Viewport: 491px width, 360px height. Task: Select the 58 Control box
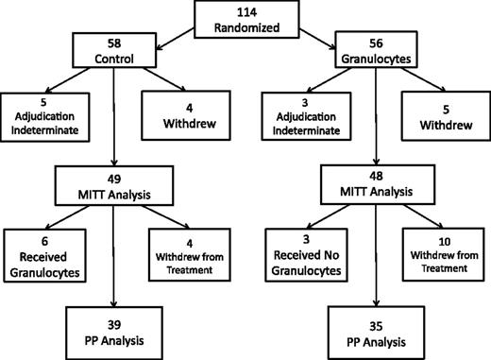pos(113,53)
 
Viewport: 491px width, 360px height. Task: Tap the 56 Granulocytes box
pos(376,53)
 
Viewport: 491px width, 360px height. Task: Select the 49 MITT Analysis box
pos(112,185)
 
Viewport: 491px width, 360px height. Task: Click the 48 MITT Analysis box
pos(376,185)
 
